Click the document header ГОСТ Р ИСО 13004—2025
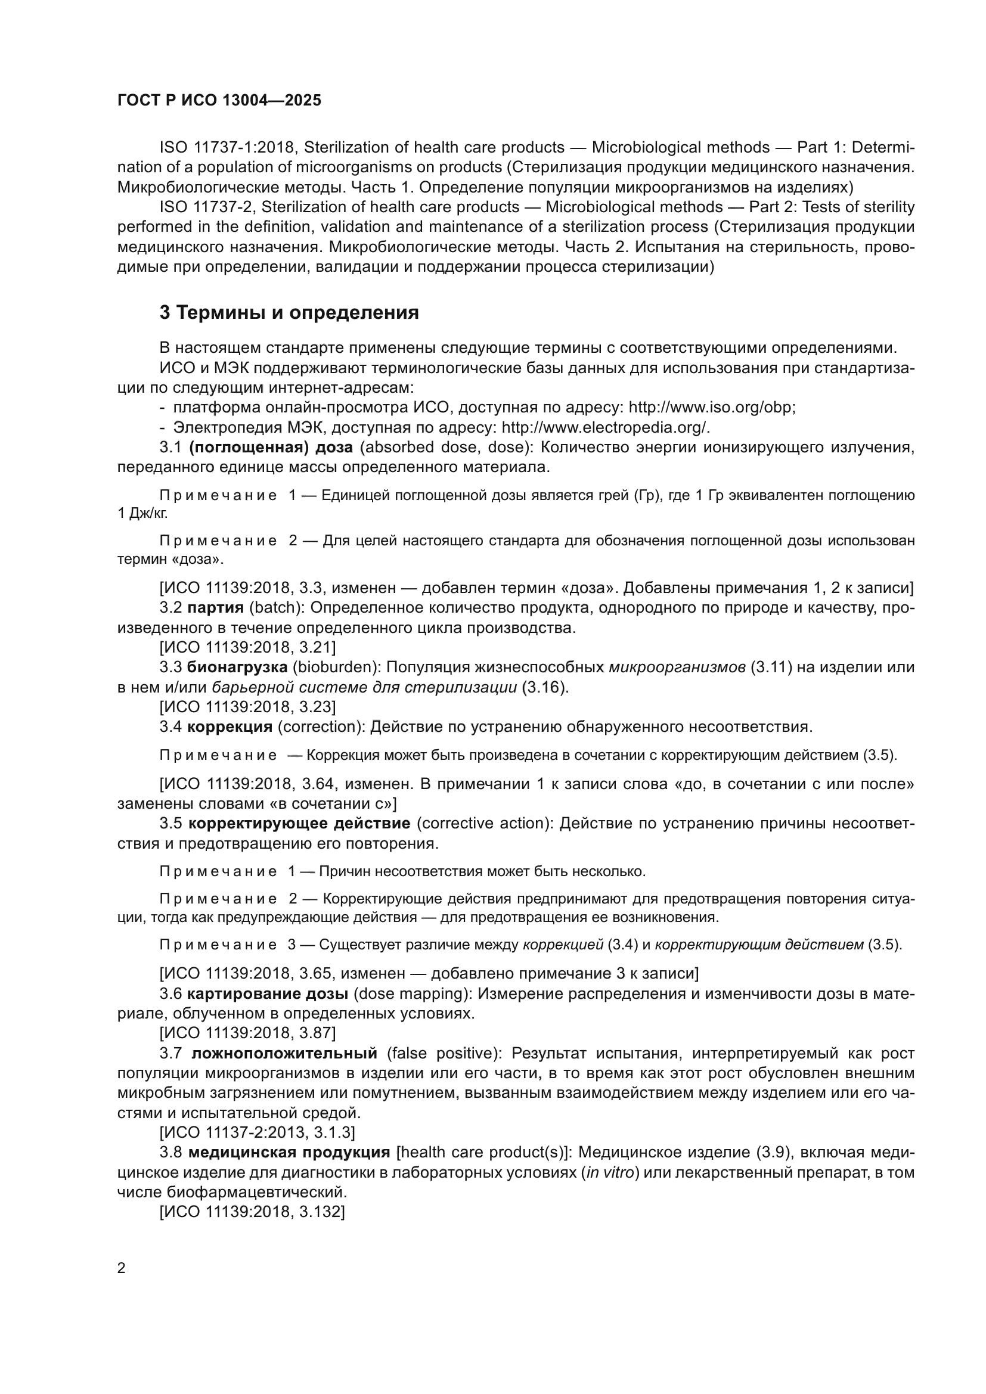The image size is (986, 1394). (x=219, y=100)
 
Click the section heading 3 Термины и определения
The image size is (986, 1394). (x=289, y=313)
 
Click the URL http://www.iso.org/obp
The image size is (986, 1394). (x=711, y=407)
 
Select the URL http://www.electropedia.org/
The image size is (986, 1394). (x=605, y=427)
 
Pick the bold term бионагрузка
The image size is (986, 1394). (x=237, y=667)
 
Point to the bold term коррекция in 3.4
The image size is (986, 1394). (x=230, y=726)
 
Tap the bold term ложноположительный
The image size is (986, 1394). (x=284, y=1053)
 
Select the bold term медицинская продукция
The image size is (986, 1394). (x=289, y=1152)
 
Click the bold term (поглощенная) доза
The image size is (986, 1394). (x=271, y=447)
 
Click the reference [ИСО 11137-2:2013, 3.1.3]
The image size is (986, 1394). (x=258, y=1132)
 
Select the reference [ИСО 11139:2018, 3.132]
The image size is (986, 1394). (x=252, y=1211)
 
